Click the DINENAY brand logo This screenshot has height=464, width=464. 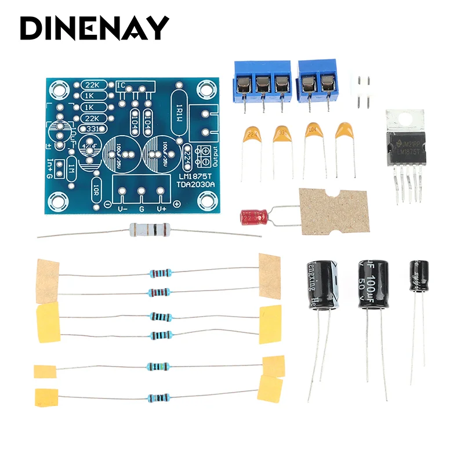pos(95,28)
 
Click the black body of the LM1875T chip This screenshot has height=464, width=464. pos(407,147)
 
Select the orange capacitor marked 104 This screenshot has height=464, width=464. pos(314,130)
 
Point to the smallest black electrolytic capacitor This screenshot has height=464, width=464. pos(419,277)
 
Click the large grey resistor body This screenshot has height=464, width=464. pos(147,230)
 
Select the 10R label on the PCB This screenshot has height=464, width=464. pos(97,190)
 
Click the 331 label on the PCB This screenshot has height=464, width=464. pos(94,128)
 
